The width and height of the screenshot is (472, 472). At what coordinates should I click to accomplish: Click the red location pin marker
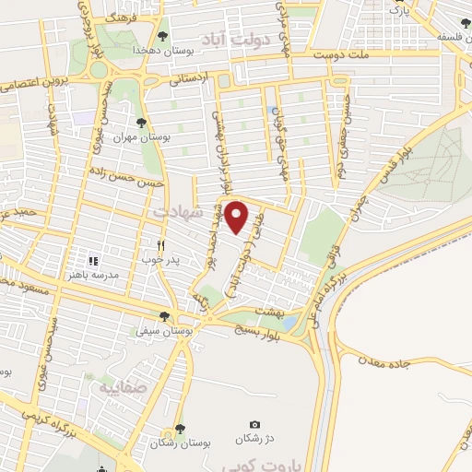(237, 218)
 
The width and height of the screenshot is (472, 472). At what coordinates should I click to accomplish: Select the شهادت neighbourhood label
(169, 213)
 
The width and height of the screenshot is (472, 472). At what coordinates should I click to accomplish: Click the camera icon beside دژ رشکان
(254, 423)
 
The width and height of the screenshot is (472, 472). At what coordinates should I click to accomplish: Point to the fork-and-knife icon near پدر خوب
(160, 245)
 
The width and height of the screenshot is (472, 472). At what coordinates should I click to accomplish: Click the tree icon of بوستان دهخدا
(163, 36)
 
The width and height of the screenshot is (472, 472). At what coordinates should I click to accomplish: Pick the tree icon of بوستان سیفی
(164, 316)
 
